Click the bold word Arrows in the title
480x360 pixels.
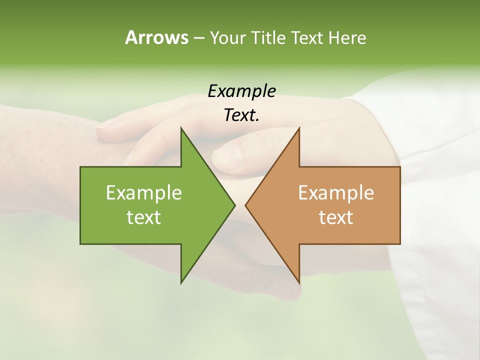(156, 38)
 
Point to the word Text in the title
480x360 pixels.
(307, 38)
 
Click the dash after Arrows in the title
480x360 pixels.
(198, 38)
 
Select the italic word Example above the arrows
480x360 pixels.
(241, 91)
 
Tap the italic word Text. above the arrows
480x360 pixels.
(241, 115)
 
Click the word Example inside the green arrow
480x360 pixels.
(144, 192)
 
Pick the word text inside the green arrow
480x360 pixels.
(144, 217)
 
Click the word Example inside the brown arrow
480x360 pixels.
(336, 192)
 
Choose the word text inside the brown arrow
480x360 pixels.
(336, 217)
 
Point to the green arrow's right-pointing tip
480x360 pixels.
(234, 205)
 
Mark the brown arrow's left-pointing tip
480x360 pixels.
(246, 205)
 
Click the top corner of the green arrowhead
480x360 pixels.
(181, 128)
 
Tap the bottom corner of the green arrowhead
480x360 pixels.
(181, 282)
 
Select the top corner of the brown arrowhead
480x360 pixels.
(299, 128)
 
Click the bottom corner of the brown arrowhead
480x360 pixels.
(299, 282)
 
